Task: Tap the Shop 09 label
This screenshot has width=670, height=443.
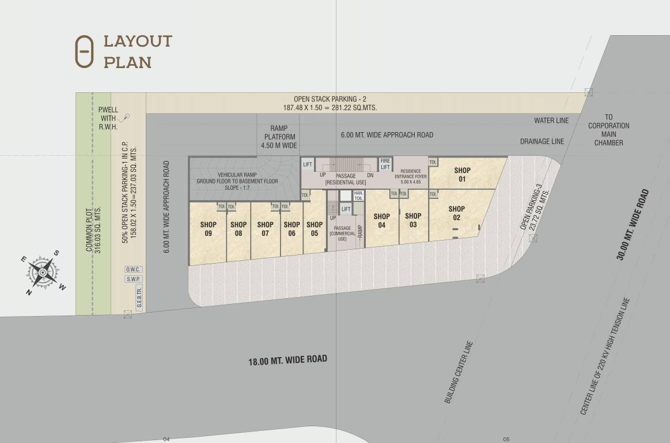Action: [208, 229]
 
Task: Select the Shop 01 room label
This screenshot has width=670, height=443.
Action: [462, 174]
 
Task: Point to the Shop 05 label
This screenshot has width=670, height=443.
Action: [315, 229]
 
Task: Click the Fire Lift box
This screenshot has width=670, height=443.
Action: [385, 164]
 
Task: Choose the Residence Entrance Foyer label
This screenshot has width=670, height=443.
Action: [411, 177]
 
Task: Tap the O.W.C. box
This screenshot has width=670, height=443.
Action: [134, 269]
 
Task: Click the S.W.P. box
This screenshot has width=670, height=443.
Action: [134, 279]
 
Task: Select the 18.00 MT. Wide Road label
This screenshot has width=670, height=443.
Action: [287, 361]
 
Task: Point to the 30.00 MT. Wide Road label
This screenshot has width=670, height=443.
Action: [633, 225]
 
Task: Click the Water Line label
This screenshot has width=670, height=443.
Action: [551, 121]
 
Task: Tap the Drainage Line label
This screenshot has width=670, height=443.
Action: [542, 141]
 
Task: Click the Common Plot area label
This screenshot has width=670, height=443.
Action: [93, 229]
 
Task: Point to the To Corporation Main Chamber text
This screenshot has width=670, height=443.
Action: [609, 130]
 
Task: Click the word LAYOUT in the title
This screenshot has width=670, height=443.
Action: [138, 42]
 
